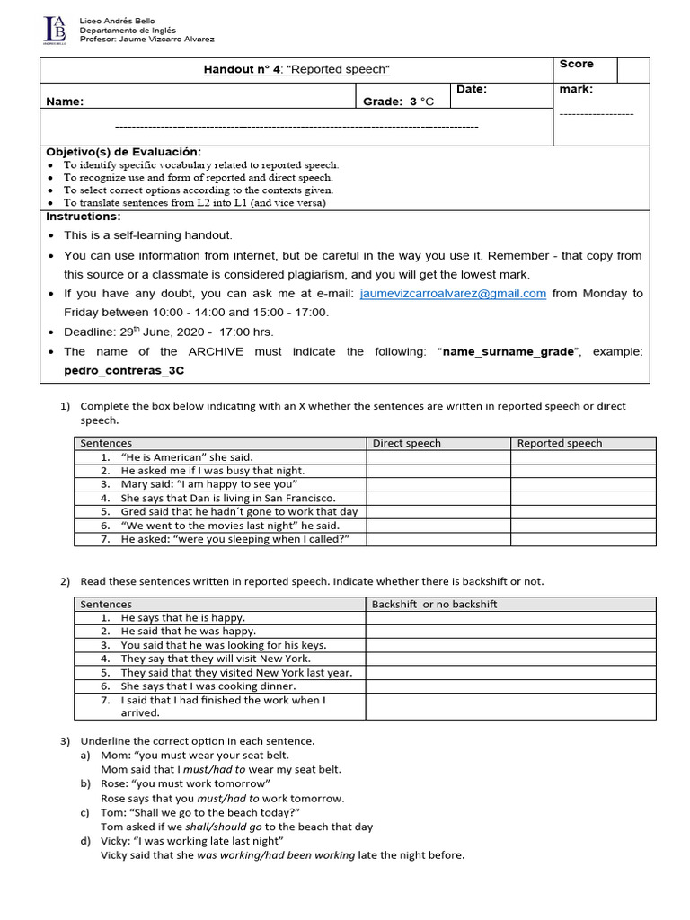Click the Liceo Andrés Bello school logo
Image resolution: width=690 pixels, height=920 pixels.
(x=54, y=29)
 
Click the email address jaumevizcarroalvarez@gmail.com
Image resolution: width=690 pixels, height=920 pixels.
(x=453, y=294)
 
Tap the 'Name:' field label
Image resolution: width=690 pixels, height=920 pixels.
(x=65, y=102)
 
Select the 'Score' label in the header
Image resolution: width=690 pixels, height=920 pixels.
(x=576, y=64)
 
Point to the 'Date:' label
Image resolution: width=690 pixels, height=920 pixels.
(x=471, y=89)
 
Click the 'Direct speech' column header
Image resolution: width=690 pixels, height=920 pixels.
(x=406, y=443)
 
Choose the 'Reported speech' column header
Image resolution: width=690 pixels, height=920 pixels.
(x=559, y=443)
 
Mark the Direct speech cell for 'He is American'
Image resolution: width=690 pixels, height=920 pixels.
(x=438, y=457)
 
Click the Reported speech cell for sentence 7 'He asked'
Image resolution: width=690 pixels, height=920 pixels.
(x=583, y=538)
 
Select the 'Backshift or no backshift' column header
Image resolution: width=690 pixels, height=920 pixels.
(x=434, y=604)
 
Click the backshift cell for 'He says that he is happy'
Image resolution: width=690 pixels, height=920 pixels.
(x=510, y=617)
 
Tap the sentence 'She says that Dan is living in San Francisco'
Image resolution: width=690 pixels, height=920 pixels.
(x=227, y=498)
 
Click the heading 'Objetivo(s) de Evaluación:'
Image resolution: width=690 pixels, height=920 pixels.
(x=124, y=151)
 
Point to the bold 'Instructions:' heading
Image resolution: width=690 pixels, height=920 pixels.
(x=84, y=217)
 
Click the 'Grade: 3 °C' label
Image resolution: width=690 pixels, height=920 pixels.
(x=398, y=102)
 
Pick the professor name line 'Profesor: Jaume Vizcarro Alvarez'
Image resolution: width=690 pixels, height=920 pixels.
(x=147, y=39)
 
